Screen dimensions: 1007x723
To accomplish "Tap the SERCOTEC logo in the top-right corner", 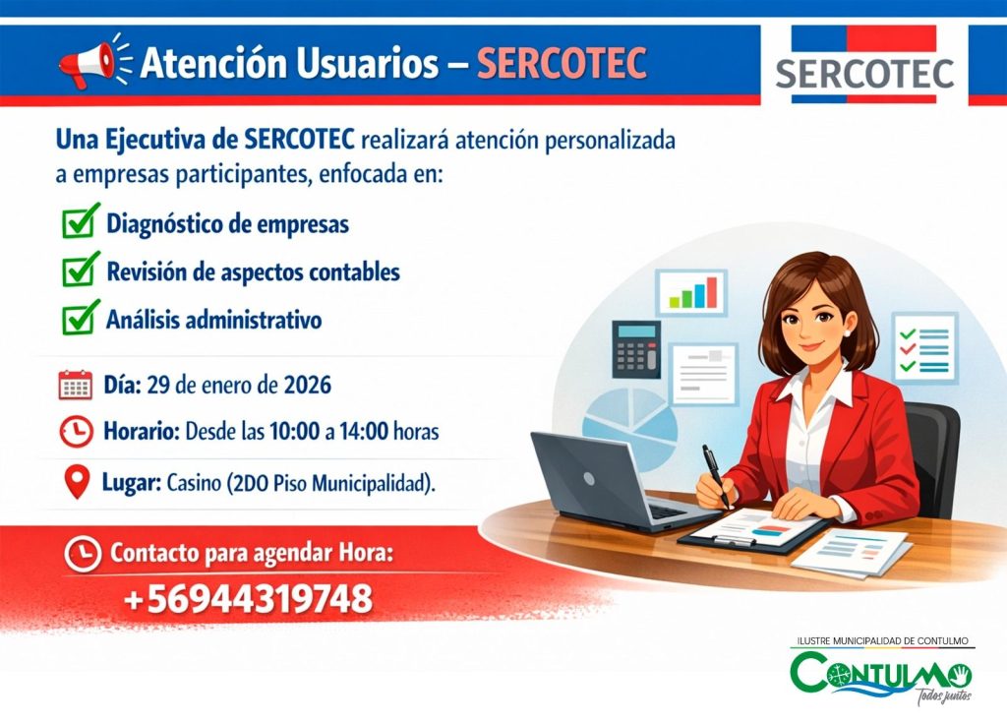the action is (x=863, y=64).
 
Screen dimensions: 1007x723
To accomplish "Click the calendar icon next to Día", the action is (x=75, y=385).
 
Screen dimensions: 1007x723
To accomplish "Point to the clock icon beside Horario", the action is (x=76, y=431).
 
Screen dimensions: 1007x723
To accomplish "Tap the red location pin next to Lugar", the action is (x=78, y=482).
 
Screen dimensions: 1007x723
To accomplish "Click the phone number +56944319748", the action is (x=248, y=598).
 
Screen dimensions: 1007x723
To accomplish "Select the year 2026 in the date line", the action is (x=308, y=385).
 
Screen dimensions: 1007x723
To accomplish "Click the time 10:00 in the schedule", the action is (x=294, y=431).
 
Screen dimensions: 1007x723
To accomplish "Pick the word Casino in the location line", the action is (x=194, y=483).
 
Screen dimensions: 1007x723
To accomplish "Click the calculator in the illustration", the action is (x=636, y=349).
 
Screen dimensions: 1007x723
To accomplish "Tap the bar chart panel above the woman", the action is (x=691, y=292).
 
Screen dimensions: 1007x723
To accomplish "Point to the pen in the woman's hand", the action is (x=716, y=475).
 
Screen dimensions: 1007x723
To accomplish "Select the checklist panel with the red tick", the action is (x=924, y=348).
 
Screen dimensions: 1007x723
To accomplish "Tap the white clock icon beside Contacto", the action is (x=83, y=554).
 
